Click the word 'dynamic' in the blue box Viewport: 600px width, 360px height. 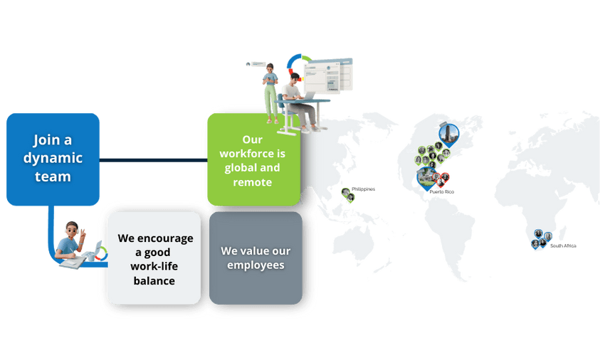[x=53, y=159]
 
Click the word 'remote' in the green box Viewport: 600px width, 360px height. [x=252, y=182]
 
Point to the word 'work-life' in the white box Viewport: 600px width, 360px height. [x=155, y=266]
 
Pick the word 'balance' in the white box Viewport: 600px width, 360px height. [x=155, y=280]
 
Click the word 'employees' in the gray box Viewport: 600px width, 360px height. [x=256, y=265]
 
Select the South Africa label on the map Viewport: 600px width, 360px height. [x=563, y=246]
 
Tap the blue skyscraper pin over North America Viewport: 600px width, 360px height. [x=449, y=133]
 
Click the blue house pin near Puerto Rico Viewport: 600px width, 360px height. [x=427, y=177]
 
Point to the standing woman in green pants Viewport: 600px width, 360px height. [x=270, y=92]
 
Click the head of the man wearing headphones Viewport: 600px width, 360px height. [x=73, y=230]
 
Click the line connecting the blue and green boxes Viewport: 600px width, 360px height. [x=153, y=159]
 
